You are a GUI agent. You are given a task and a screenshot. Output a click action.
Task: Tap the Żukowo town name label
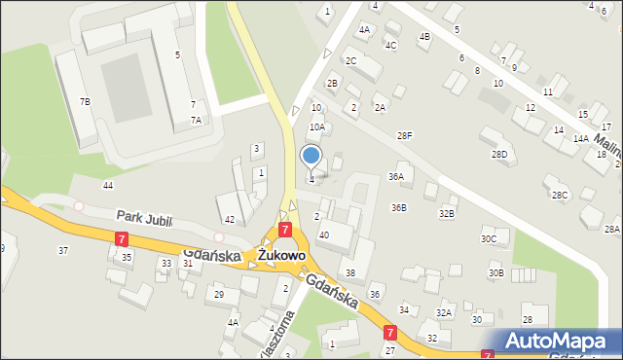pyautogui.click(x=282, y=255)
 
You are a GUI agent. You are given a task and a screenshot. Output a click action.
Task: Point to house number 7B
pyautogui.click(x=85, y=102)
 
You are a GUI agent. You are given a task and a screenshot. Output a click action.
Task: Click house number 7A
pyautogui.click(x=196, y=121)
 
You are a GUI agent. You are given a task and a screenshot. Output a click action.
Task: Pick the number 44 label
pyautogui.click(x=108, y=185)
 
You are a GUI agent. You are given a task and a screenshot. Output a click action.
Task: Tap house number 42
pyautogui.click(x=230, y=220)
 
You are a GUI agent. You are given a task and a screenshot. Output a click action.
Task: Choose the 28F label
pyautogui.click(x=404, y=135)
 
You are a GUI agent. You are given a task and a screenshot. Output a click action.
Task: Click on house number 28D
pyautogui.click(x=499, y=155)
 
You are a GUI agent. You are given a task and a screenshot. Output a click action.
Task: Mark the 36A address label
pyautogui.click(x=395, y=177)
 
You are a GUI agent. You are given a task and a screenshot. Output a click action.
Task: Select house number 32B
pyautogui.click(x=446, y=213)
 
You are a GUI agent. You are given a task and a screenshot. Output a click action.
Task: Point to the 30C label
pyautogui.click(x=489, y=238)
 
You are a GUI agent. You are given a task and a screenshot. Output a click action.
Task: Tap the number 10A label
pyautogui.click(x=317, y=126)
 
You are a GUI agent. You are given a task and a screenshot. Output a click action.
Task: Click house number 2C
pyautogui.click(x=350, y=61)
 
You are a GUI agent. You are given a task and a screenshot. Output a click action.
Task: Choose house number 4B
pyautogui.click(x=423, y=37)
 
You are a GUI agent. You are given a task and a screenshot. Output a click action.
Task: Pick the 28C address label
pyautogui.click(x=560, y=196)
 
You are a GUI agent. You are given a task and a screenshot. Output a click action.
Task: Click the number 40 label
pyautogui.click(x=324, y=235)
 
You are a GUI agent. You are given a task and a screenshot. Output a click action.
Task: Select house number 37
pyautogui.click(x=63, y=251)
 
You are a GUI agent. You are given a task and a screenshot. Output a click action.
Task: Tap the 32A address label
pyautogui.click(x=444, y=313)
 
